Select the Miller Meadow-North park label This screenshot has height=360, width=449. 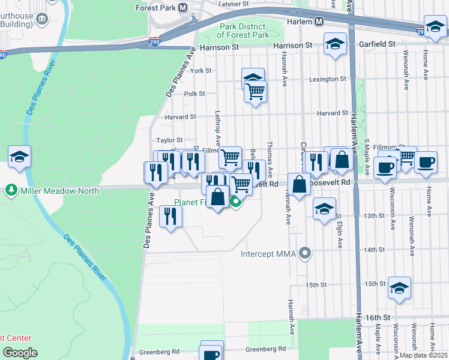[50, 191]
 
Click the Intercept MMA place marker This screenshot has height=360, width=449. [306, 253]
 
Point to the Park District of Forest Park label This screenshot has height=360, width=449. [243, 31]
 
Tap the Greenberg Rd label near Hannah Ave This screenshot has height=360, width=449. [265, 349]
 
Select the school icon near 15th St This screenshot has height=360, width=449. [399, 288]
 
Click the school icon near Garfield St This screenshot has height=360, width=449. [335, 44]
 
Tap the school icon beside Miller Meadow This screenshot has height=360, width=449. [20, 157]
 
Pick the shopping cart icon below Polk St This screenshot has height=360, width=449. [256, 92]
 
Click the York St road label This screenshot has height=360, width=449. [200, 71]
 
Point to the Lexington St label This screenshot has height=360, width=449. [328, 79]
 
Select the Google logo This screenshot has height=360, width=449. [20, 353]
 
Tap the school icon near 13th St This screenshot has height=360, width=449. [324, 209]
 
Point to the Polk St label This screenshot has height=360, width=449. [194, 94]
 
